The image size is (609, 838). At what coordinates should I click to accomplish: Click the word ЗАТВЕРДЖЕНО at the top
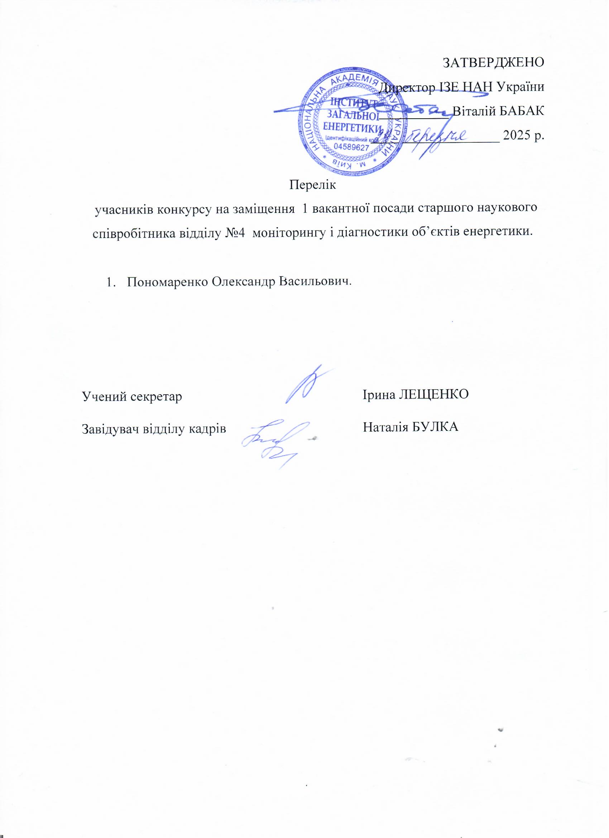pyautogui.click(x=493, y=62)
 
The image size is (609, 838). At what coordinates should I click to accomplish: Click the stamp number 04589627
pyautogui.click(x=351, y=147)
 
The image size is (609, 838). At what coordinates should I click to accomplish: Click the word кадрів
pyautogui.click(x=209, y=429)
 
